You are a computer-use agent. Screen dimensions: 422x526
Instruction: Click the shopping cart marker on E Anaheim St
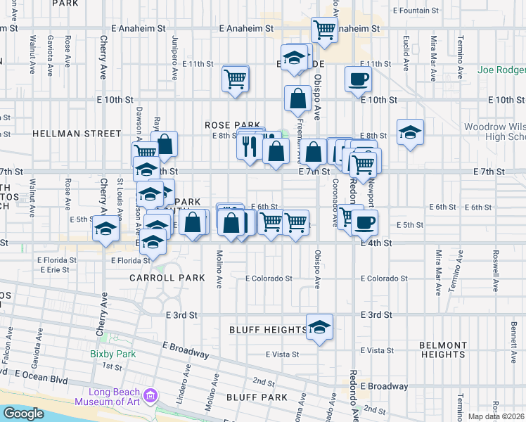pyautogui.click(x=324, y=30)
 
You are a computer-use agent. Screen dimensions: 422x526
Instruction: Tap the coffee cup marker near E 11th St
pyautogui.click(x=358, y=79)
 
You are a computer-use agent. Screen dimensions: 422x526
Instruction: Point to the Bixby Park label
pyautogui.click(x=112, y=354)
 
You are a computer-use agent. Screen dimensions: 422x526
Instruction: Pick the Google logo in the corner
pyautogui.click(x=23, y=414)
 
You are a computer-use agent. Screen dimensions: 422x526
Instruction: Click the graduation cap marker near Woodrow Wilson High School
pyautogui.click(x=410, y=132)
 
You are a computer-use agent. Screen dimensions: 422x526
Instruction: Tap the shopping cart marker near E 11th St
pyautogui.click(x=236, y=78)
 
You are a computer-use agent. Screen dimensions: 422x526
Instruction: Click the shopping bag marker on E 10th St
pyautogui.click(x=297, y=98)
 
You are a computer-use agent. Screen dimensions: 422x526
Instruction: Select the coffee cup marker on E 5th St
pyautogui.click(x=364, y=222)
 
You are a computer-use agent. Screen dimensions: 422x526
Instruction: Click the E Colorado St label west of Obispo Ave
pyautogui.click(x=269, y=279)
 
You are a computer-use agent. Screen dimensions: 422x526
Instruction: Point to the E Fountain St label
pyautogui.click(x=417, y=11)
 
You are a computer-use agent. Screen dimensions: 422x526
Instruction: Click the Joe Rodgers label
pyautogui.click(x=501, y=70)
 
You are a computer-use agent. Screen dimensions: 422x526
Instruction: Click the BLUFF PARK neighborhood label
pyautogui.click(x=257, y=397)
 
